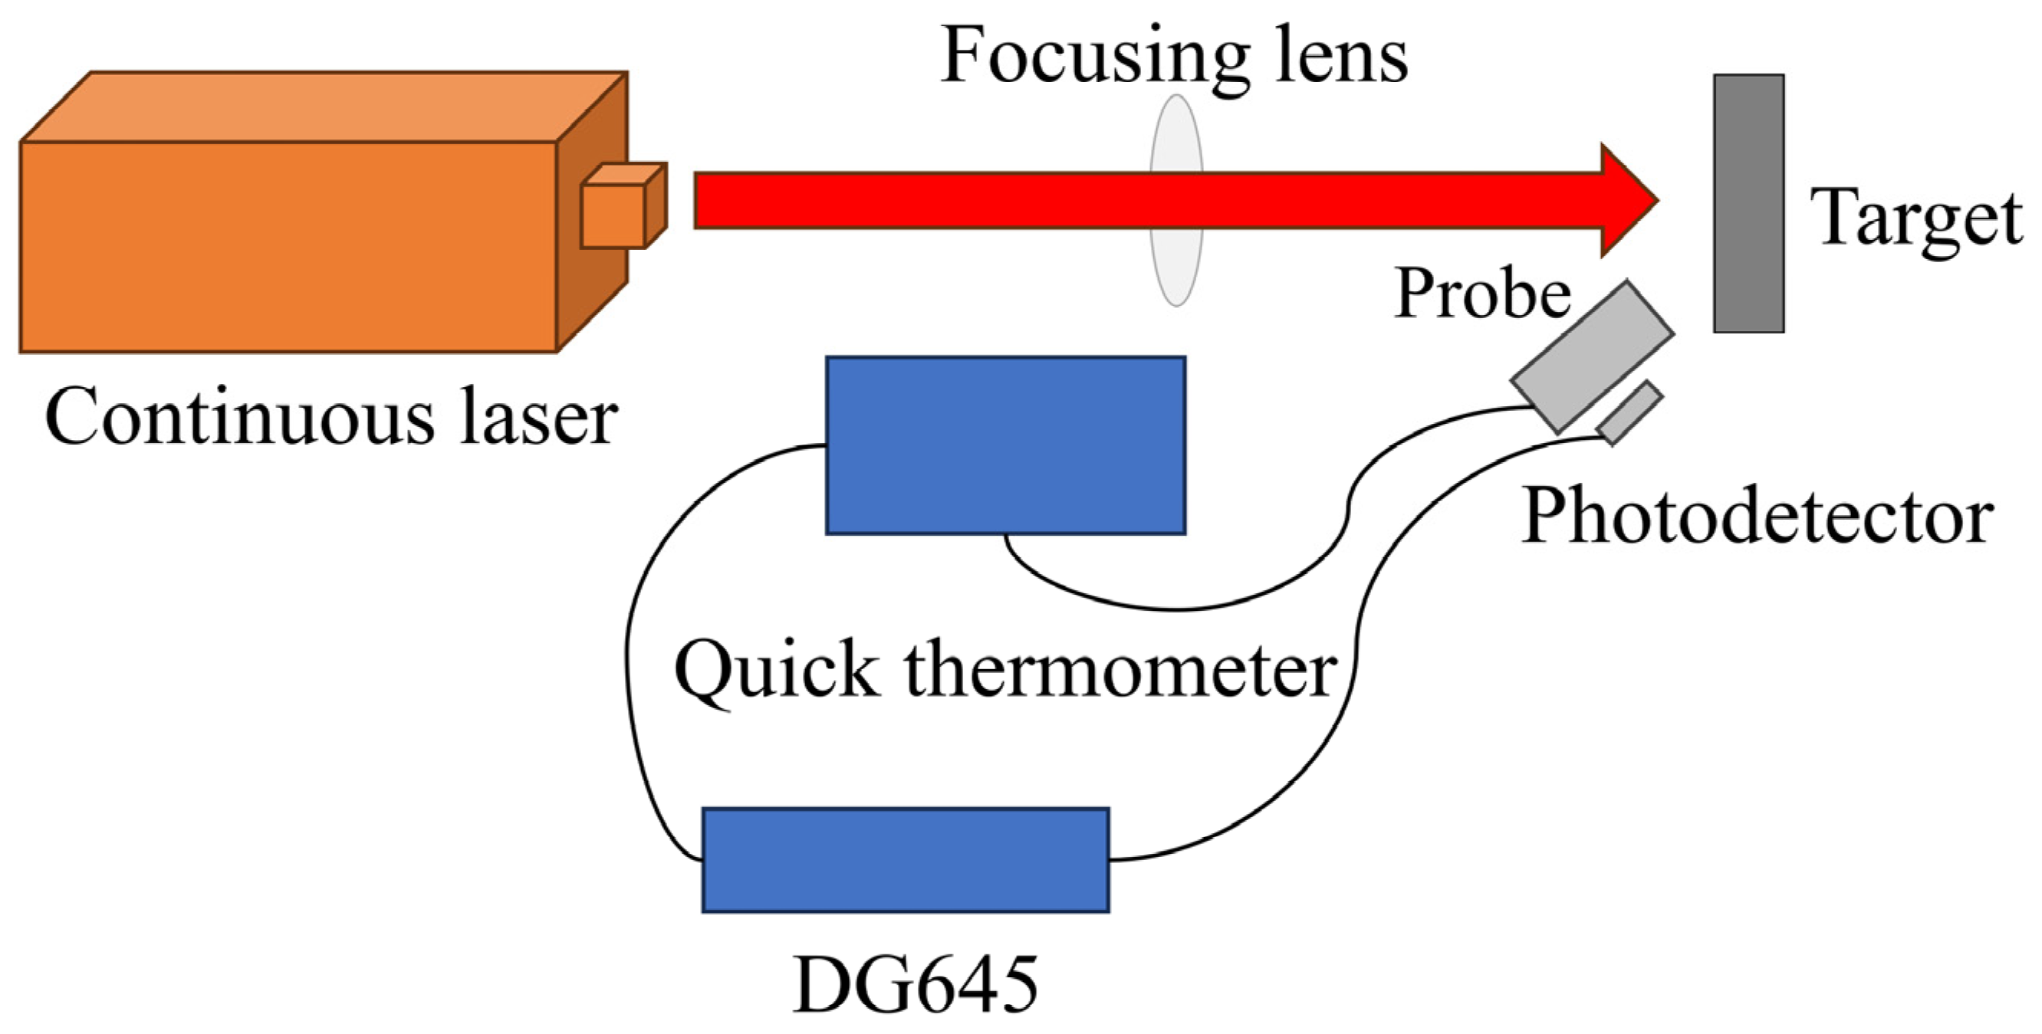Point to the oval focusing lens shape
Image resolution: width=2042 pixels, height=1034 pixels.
pos(1176,269)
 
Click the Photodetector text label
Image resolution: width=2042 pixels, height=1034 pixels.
pos(1757,517)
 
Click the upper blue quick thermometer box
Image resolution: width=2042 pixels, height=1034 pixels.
pos(1005,445)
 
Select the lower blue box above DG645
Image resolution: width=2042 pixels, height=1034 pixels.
pos(906,860)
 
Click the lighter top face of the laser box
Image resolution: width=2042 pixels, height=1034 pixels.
pos(317,107)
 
